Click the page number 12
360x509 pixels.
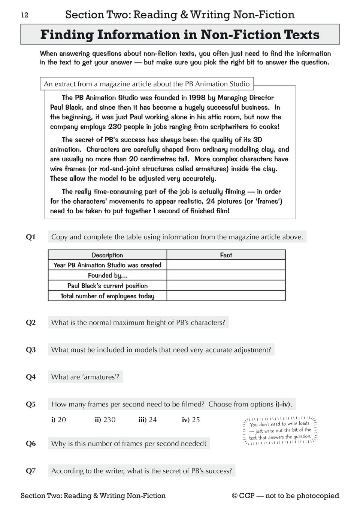[x=24, y=15]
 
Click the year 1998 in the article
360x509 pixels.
[x=197, y=98]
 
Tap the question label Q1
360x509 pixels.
[x=31, y=237]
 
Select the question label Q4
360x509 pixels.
[x=31, y=377]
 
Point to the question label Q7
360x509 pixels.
[x=31, y=471]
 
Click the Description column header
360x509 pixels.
[x=107, y=255]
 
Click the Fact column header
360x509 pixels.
[x=226, y=255]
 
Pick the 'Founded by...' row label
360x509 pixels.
[x=107, y=275]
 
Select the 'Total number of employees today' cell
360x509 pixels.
[x=107, y=296]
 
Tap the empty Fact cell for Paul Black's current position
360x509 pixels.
[x=226, y=286]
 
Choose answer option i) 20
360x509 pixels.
[x=59, y=420]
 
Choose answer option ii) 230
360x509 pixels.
[x=105, y=420]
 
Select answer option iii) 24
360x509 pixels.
[x=148, y=420]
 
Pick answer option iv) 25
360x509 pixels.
[x=191, y=420]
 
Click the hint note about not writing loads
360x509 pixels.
[x=280, y=430]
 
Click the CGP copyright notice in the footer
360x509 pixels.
[x=285, y=496]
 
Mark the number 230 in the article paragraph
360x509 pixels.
[x=115, y=127]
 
